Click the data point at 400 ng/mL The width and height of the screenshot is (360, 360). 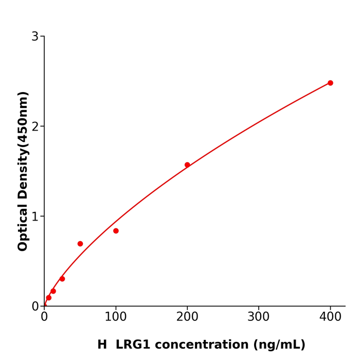click(330, 83)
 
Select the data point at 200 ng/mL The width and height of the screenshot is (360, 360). click(187, 165)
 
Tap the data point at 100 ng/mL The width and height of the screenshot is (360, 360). click(116, 231)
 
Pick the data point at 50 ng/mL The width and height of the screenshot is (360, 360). click(80, 244)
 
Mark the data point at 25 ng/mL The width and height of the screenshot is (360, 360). click(62, 279)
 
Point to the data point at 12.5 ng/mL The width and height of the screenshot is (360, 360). click(53, 291)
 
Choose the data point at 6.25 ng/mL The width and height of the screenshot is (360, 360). click(49, 298)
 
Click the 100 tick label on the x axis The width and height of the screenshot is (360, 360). click(116, 317)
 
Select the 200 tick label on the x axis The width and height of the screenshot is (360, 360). click(187, 317)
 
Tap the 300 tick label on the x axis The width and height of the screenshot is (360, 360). click(259, 317)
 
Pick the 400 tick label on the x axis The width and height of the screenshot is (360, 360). click(330, 317)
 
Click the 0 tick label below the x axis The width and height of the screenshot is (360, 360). click(44, 317)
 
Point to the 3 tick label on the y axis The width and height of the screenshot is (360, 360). click(35, 37)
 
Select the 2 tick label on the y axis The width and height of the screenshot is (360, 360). click(35, 127)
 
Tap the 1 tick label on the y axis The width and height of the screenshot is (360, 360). click(35, 217)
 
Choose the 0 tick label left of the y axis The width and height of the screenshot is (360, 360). click(35, 307)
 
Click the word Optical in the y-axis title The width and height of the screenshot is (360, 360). click(23, 228)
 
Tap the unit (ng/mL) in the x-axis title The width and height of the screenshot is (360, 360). click(278, 345)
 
